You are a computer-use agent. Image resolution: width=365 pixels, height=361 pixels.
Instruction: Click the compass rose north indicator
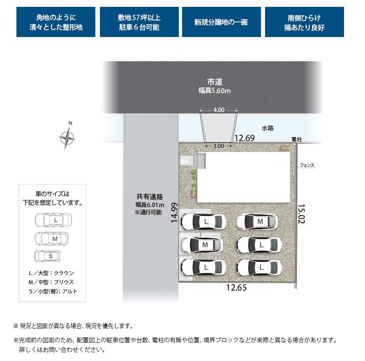click(67, 138)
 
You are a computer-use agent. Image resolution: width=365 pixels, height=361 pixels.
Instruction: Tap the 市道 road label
click(214, 82)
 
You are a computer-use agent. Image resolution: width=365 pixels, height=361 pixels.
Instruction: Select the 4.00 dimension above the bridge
click(219, 110)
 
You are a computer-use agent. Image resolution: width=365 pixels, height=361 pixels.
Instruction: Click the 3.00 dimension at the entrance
click(219, 146)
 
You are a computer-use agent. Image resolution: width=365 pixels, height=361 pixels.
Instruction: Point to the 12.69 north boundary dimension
click(244, 138)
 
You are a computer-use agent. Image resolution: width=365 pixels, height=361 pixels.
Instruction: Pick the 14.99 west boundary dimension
click(174, 212)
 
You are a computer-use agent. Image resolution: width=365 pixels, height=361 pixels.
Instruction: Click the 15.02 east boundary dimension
click(301, 214)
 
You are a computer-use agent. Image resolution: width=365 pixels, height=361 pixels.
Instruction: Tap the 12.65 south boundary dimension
click(236, 287)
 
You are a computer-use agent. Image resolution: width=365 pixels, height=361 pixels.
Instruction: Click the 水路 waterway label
click(267, 128)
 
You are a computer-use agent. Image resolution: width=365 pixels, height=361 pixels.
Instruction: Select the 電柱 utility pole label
click(297, 139)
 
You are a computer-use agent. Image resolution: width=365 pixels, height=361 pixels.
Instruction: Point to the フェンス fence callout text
click(307, 165)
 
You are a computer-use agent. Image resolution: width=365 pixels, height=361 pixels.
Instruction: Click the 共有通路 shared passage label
click(150, 197)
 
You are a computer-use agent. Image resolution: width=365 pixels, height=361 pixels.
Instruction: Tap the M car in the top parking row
click(257, 222)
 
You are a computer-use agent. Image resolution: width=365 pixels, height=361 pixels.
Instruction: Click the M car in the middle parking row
click(202, 245)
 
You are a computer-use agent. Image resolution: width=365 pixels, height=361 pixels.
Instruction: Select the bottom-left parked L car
click(203, 267)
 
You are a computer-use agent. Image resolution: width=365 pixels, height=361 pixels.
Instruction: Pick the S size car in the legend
click(47, 256)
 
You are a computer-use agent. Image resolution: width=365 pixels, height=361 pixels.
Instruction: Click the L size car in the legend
click(53, 220)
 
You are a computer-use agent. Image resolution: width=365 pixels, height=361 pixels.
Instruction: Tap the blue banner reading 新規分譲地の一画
click(221, 22)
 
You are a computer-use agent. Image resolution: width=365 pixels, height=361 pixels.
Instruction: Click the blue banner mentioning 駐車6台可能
click(139, 22)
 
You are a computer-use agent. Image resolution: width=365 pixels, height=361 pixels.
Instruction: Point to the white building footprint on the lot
click(244, 177)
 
